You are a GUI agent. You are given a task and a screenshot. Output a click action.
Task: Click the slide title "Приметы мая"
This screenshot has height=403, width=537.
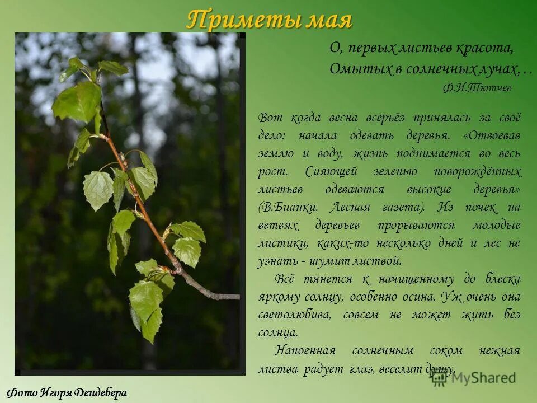tap(269, 20)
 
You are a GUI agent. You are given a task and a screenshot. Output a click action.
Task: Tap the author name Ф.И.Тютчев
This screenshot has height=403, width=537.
tap(477, 88)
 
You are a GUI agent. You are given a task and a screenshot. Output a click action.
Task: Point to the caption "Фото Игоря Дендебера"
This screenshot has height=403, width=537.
tap(68, 392)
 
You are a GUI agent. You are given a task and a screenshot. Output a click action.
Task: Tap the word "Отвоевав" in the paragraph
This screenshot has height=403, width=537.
tap(494, 135)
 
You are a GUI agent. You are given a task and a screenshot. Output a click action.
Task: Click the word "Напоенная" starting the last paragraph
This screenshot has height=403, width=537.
tap(305, 350)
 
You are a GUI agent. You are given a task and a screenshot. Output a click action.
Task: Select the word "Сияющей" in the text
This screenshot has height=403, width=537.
tap(329, 171)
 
